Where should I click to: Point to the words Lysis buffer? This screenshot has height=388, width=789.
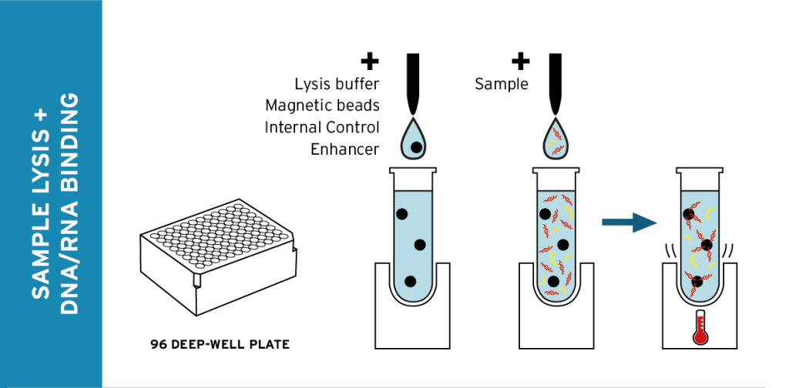pyautogui.click(x=337, y=83)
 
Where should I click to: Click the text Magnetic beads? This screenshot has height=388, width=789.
pyautogui.click(x=322, y=105)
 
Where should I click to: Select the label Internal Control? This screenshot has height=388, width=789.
pyautogui.click(x=322, y=127)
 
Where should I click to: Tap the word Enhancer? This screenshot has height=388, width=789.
pyautogui.click(x=344, y=149)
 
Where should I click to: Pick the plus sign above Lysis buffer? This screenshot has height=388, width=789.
pyautogui.click(x=371, y=60)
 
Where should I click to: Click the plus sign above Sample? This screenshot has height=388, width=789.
pyautogui.click(x=521, y=60)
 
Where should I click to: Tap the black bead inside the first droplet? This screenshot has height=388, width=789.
pyautogui.click(x=416, y=146)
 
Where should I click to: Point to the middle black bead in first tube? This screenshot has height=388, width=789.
pyautogui.click(x=420, y=245)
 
